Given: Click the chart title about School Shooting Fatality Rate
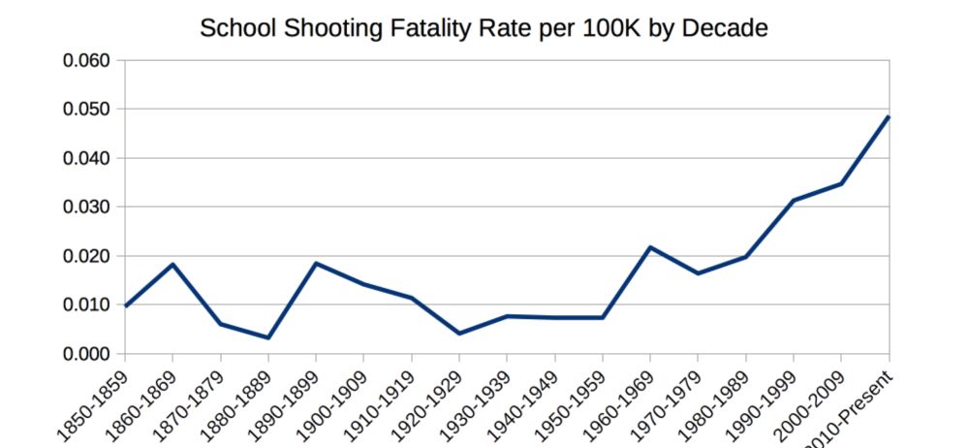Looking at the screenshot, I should pos(484,27).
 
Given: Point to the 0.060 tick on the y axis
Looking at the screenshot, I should pos(88,60).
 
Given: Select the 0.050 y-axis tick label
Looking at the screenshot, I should pos(88,110).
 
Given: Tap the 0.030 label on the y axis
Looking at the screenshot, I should pos(88,208).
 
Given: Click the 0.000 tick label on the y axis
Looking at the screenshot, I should pos(88,354).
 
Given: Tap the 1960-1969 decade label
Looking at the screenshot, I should pos(620,403).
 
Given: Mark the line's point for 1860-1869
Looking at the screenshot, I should pos(172,264).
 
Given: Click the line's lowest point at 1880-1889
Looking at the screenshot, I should pos(268,337).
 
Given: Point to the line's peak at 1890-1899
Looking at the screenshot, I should pos(316,263).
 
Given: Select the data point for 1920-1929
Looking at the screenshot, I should pos(459,334).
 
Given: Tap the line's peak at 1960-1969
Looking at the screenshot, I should pos(650,247).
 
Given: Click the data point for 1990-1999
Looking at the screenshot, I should pos(794,201).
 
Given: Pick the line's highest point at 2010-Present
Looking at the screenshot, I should pos(889,117).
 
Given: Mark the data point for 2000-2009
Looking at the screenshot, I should pos(841,183).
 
